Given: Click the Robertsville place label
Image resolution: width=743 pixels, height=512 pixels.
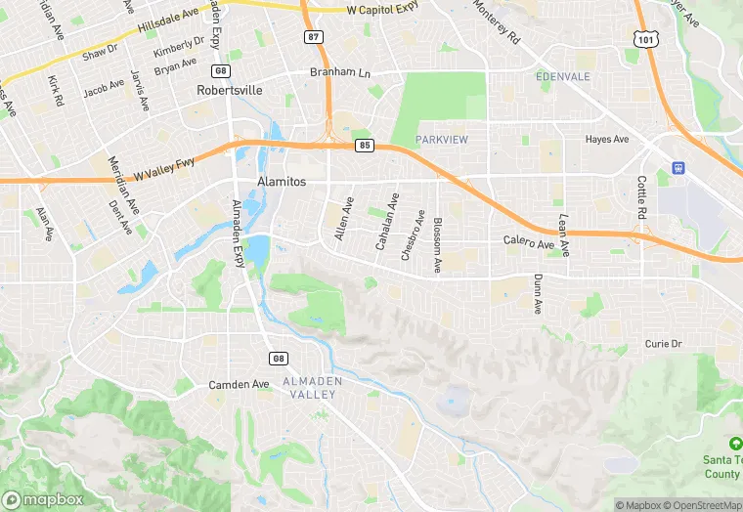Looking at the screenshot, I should (229, 90).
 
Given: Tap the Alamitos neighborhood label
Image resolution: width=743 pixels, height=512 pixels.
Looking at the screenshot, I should (281, 183).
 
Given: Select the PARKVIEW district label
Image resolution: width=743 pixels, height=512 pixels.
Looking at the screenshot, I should (441, 140).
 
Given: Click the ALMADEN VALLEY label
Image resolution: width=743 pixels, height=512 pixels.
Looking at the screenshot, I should (309, 387).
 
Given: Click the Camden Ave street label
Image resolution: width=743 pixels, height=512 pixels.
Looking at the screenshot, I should (239, 385).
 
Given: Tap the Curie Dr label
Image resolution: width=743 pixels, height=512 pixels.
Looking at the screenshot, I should (663, 344).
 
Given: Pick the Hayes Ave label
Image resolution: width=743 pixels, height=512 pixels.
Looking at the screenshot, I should (606, 140).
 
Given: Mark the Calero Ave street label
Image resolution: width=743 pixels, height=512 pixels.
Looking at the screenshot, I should (529, 241).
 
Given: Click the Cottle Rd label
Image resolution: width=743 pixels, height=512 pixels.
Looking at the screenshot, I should (641, 197).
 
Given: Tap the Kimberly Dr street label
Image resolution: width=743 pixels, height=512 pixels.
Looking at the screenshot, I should (180, 47).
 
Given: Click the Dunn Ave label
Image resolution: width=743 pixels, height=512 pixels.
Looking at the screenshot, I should (538, 293).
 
